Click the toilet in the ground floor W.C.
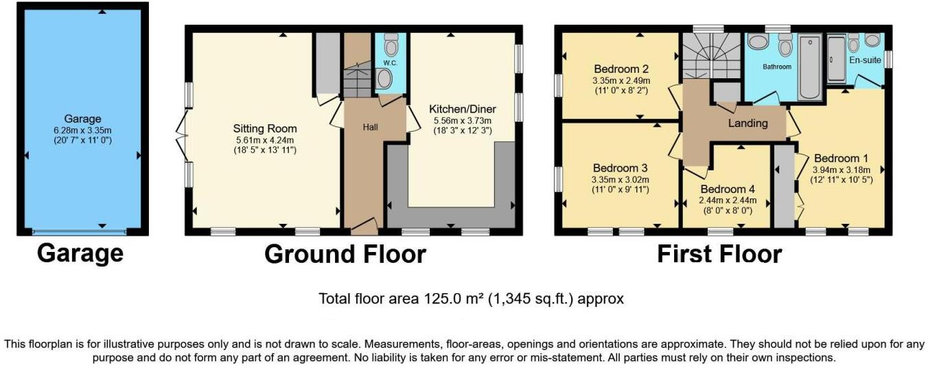click(391, 47)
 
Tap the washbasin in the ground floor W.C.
click(384, 80)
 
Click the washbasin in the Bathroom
click(758, 43)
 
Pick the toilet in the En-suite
click(854, 45)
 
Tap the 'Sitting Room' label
click(264, 128)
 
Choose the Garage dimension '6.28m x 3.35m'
click(82, 130)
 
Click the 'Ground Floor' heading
click(345, 254)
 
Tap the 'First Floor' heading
click(719, 254)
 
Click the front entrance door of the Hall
click(364, 225)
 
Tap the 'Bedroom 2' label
click(621, 69)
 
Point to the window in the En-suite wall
click(888, 59)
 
